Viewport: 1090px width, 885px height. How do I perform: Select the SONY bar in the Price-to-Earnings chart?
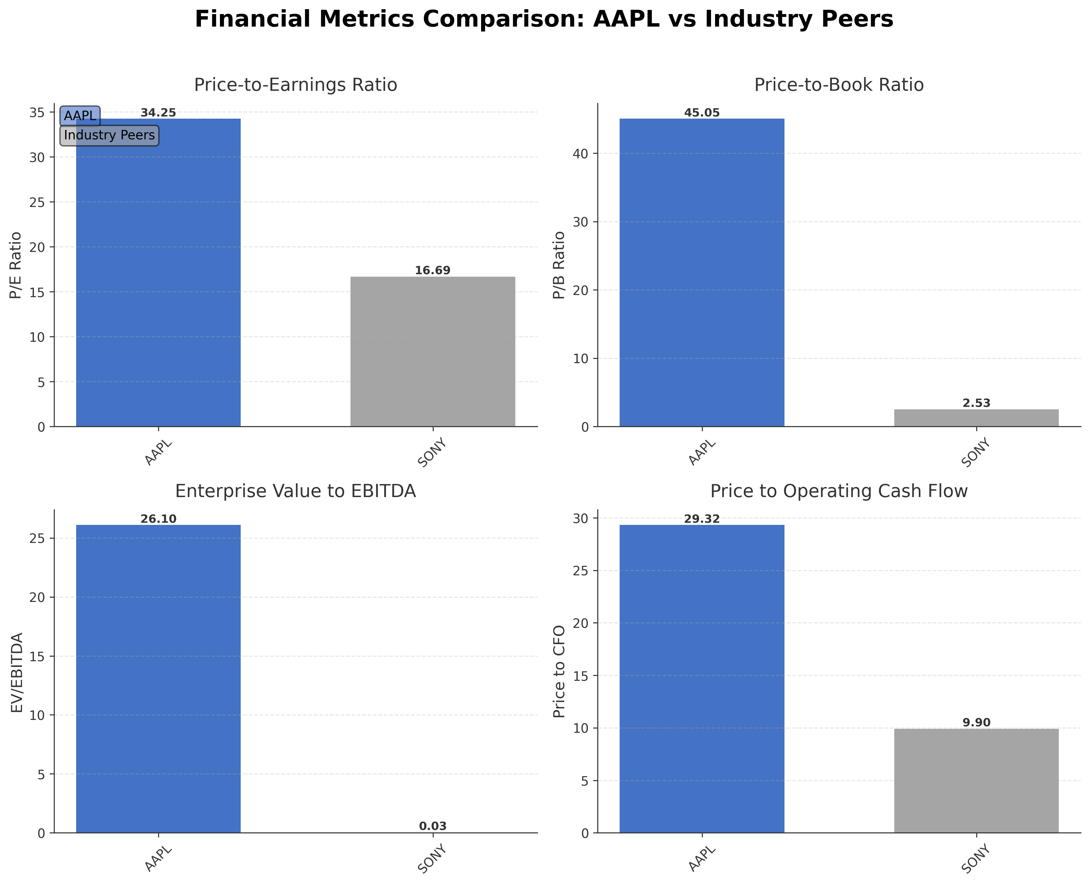[432, 352]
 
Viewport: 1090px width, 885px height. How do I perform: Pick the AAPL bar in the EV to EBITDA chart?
[158, 678]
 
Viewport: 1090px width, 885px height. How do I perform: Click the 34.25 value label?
[158, 113]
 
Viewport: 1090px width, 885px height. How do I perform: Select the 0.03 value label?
[432, 826]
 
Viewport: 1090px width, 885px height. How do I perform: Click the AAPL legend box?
[80, 116]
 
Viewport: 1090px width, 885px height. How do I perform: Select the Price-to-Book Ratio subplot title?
[839, 85]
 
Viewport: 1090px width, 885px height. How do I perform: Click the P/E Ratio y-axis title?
[16, 265]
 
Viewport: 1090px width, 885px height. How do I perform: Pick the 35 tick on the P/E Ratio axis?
[38, 112]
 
